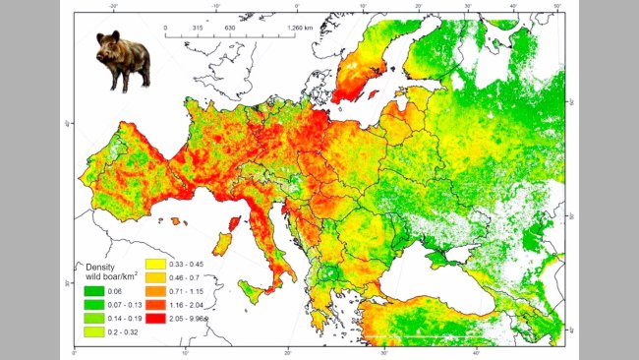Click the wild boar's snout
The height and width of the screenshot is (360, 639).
tap(100, 56)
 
